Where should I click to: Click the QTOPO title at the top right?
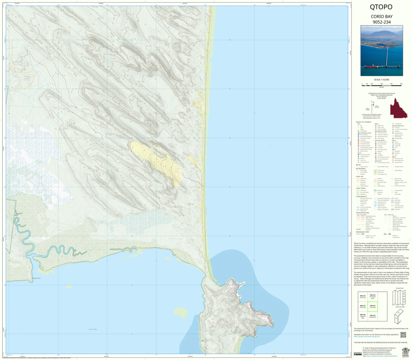(x=380, y=8)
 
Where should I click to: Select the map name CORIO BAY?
(x=380, y=17)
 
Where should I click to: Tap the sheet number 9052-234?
(x=380, y=23)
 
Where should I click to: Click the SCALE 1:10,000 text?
(x=380, y=80)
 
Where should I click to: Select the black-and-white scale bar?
(x=380, y=85)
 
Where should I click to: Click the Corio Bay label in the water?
(x=93, y=328)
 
